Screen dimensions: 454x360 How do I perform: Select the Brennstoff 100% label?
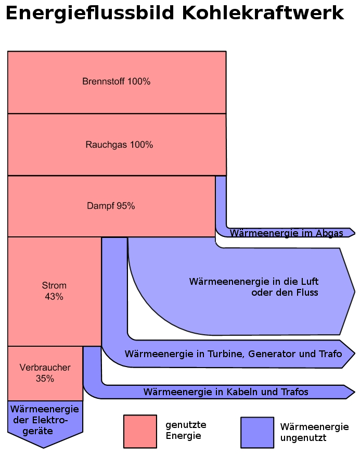(117, 82)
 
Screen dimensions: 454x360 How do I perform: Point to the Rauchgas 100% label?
(119, 145)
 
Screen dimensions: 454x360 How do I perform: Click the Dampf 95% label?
(111, 206)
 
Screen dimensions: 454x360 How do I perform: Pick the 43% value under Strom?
(54, 297)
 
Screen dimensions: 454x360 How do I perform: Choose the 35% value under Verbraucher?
(45, 379)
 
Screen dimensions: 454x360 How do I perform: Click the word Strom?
(54, 286)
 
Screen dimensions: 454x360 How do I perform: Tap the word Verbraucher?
(45, 368)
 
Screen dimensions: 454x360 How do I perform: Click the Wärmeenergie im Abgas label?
(287, 233)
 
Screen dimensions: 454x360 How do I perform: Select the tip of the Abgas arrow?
(354, 232)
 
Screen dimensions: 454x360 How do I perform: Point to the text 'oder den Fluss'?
(285, 293)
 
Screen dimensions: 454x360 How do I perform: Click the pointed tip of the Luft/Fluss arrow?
(354, 291)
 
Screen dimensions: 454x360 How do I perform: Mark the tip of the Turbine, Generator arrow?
(354, 354)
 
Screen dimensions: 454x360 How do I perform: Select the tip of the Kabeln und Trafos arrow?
(354, 392)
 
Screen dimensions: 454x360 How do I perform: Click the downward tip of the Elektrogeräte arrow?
(44, 447)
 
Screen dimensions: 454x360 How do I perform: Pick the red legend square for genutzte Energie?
(140, 431)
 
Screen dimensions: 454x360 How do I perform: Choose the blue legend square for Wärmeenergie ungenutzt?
(257, 432)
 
